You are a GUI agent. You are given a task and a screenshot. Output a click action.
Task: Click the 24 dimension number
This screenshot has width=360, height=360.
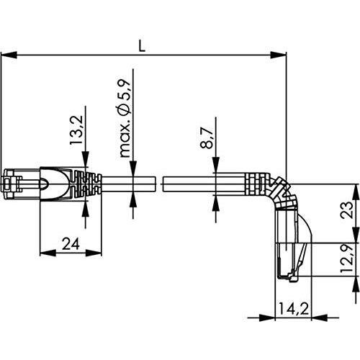click(70, 243)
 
